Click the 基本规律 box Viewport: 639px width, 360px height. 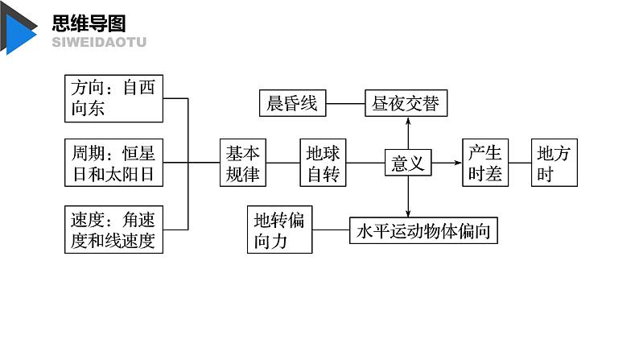243,163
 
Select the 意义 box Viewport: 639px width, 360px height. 407,163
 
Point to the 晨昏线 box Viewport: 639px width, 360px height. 293,103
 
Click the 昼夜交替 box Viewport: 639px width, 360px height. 406,103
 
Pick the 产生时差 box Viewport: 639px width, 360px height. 486,163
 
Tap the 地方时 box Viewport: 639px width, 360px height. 554,163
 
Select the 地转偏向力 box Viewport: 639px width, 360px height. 279,230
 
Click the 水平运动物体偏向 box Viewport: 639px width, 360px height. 423,231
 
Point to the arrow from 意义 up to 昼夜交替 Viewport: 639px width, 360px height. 407,132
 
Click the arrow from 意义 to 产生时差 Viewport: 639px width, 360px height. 447,163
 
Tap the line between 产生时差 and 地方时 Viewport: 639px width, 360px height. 520,163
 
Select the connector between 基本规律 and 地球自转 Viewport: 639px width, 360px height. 282,163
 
